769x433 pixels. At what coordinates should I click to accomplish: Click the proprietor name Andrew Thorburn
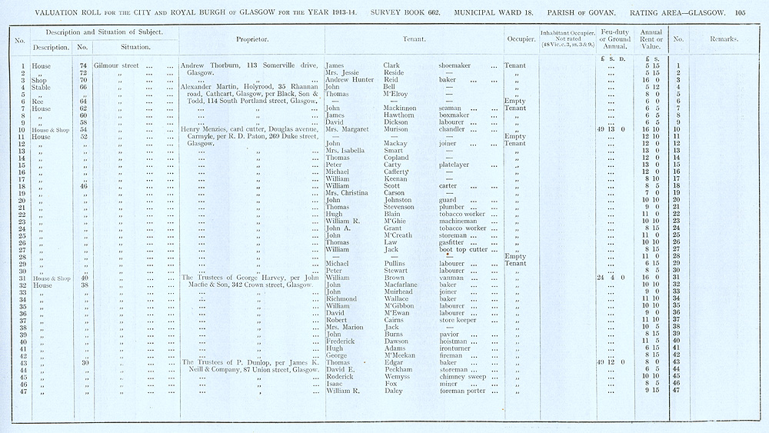208,65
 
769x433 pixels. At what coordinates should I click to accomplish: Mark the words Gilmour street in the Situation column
116,65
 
